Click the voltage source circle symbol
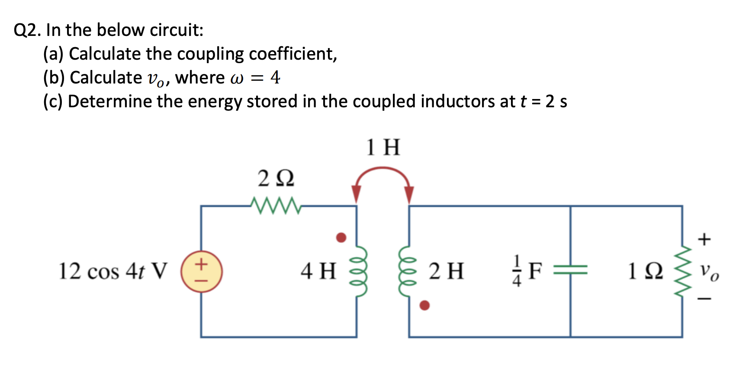pos(201,272)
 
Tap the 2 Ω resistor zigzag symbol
pos(275,205)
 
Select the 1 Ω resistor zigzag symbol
pos(682,272)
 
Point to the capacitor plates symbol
pos(570,271)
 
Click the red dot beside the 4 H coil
pos(341,237)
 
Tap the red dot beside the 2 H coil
pos(425,305)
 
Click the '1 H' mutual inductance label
pos(383,147)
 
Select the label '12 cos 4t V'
pos(112,272)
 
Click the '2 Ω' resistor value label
pos(276,178)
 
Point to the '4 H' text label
pos(318,272)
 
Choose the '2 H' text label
pos(447,272)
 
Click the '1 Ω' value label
pos(645,272)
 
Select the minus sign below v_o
pos(704,298)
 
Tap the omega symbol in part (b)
pos(238,78)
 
